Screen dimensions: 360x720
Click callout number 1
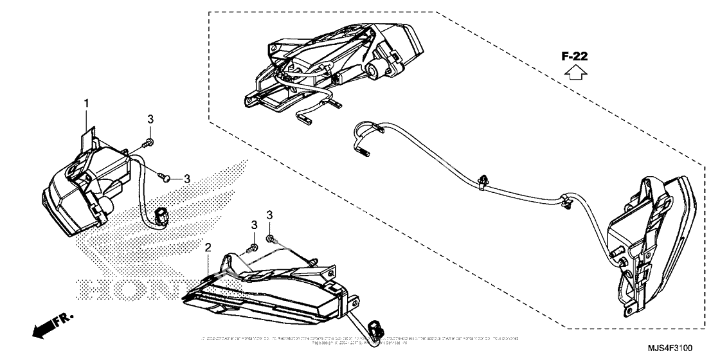[x=85, y=103]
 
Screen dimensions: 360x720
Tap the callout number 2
[x=208, y=248]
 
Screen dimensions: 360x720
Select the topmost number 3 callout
[x=150, y=119]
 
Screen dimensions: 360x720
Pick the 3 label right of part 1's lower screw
[x=187, y=178]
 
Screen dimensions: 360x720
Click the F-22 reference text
[x=575, y=57]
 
